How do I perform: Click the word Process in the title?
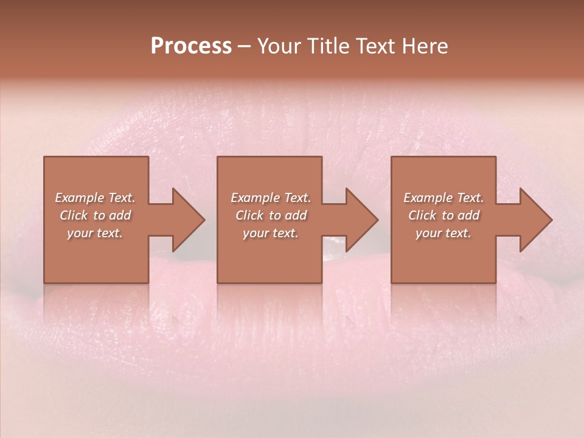click(x=191, y=46)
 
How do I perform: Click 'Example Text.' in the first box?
click(x=95, y=198)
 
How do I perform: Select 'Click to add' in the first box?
click(x=95, y=215)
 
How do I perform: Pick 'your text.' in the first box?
click(x=95, y=233)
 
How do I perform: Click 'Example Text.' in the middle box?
click(x=270, y=198)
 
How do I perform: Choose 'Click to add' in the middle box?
click(x=270, y=215)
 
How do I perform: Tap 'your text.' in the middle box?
click(x=270, y=233)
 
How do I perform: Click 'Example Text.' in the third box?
click(x=443, y=198)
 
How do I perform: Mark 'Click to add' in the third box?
click(x=443, y=215)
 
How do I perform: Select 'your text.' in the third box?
click(x=443, y=233)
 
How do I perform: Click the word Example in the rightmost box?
click(x=428, y=198)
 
